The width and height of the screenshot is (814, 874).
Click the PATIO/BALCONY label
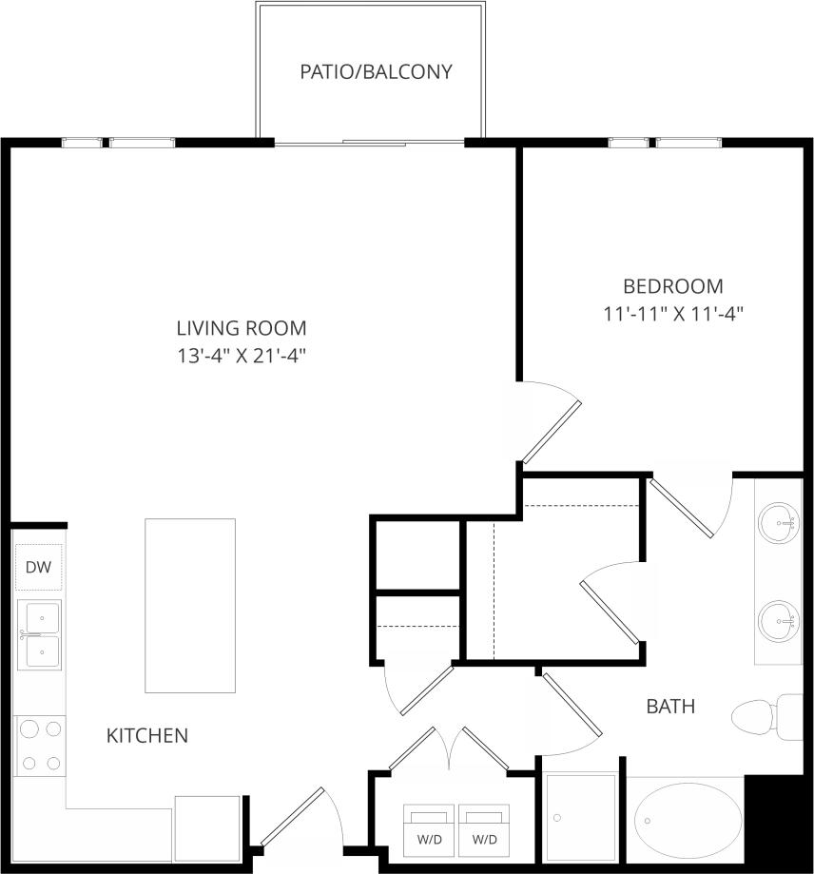point(376,71)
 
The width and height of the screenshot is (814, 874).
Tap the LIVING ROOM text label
point(242,328)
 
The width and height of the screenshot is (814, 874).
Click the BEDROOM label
point(672,285)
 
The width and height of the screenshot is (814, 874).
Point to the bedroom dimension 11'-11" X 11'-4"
point(672,314)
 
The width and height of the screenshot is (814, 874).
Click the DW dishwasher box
point(38,569)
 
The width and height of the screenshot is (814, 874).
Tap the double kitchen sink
point(39,634)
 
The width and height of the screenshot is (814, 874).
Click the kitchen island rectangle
point(190,605)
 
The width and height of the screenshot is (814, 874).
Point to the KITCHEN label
point(146,735)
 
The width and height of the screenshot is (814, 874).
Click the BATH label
point(670,707)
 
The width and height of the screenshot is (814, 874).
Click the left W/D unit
point(430,828)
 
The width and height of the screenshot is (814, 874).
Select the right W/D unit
point(485,828)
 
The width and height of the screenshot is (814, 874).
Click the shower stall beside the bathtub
point(581,817)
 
